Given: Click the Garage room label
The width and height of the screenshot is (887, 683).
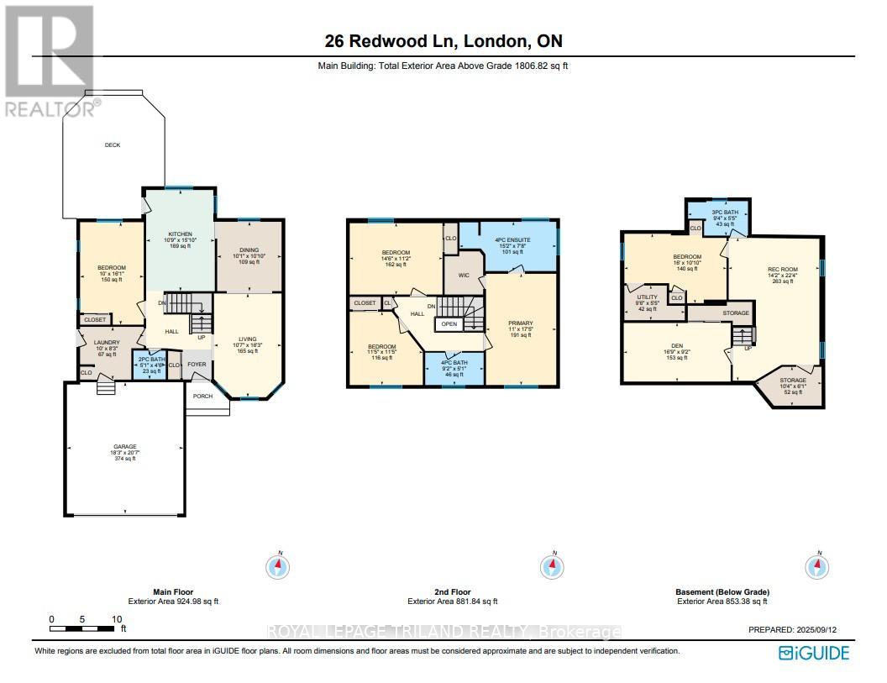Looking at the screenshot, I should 125,447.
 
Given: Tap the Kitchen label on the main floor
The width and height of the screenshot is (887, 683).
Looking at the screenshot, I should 180,234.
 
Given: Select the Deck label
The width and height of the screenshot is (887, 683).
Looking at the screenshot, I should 113,145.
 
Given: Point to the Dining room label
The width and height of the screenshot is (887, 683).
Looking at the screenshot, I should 249,250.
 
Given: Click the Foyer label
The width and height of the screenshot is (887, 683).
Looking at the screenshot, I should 196,365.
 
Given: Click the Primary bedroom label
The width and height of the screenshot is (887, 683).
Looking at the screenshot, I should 521,323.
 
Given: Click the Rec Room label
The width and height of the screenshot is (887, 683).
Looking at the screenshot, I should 780,270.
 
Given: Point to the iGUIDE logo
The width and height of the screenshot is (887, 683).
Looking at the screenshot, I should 814,653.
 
